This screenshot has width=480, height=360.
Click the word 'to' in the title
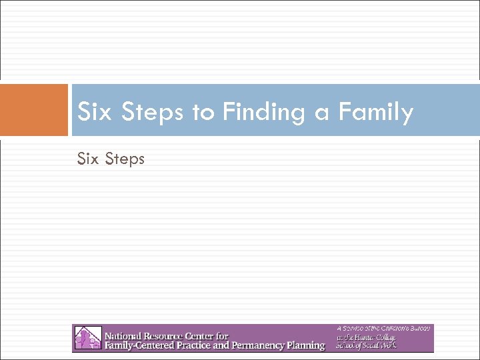203,112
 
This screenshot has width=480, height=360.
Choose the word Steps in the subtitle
124,159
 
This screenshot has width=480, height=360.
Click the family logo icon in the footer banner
87,338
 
